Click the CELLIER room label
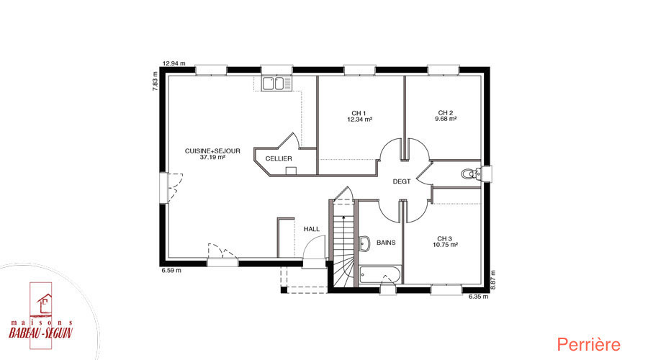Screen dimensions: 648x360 (x=279, y=158)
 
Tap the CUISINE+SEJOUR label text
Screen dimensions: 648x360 (x=212, y=151)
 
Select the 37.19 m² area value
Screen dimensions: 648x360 (x=212, y=158)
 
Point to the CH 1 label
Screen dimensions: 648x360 (x=359, y=113)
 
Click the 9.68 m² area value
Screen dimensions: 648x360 (x=446, y=119)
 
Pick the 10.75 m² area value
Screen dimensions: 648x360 (x=445, y=245)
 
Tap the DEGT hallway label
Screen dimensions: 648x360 (x=402, y=181)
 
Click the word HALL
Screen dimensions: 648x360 (x=312, y=229)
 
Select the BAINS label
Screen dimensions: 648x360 (x=386, y=243)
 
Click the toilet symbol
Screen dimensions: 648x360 (x=471, y=174)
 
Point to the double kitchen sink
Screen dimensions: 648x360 (x=273, y=84)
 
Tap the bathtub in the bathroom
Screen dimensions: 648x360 (x=379, y=275)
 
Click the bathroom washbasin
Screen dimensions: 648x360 (x=364, y=243)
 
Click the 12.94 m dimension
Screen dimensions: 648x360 (x=174, y=63)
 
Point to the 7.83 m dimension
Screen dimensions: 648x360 (x=156, y=81)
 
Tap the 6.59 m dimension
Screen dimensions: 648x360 (x=171, y=271)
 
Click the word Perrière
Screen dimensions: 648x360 (x=588, y=345)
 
